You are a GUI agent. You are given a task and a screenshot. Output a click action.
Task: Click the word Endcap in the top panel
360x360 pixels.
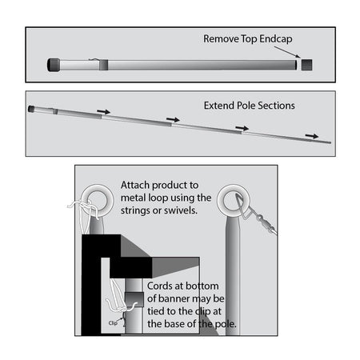276,39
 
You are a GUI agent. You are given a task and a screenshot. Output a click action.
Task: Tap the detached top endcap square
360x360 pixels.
306,65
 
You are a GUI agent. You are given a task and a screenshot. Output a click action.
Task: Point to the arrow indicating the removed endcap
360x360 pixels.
287,52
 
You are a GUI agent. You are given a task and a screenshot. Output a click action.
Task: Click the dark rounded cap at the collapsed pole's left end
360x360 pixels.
54,65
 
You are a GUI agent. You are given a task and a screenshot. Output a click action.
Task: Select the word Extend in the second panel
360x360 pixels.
219,106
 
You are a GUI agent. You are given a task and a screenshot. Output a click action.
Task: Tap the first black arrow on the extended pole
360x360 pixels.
103,111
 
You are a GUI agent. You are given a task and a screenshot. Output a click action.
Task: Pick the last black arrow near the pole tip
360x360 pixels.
312,136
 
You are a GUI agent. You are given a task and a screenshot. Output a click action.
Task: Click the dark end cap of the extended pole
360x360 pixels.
31,109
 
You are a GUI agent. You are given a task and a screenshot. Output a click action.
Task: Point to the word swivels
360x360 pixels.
181,210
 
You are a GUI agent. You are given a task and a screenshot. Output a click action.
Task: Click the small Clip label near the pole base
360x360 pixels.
113,323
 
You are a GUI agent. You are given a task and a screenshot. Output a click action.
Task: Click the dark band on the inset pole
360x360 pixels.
134,299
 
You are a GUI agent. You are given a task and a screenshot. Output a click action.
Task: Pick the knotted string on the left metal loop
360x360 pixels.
82,210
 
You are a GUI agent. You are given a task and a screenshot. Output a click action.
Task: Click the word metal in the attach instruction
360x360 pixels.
134,198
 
